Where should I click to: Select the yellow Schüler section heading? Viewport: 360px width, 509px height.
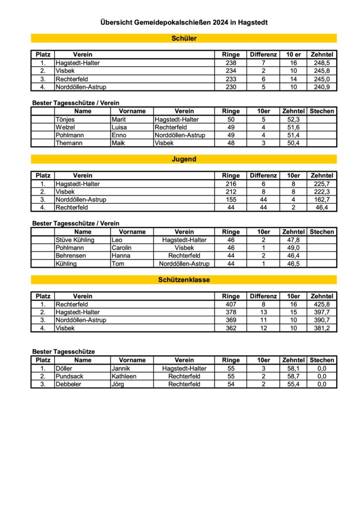point(184,38)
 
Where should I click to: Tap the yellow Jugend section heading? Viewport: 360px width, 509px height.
point(184,159)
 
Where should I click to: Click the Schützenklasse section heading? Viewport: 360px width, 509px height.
point(184,280)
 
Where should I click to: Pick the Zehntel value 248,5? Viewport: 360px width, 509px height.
point(322,63)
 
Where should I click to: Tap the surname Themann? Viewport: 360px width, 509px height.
point(69,143)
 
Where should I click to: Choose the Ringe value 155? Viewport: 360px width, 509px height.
point(231,199)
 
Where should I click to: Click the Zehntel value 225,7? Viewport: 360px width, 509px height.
point(322,184)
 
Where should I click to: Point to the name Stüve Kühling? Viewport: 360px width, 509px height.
point(75,240)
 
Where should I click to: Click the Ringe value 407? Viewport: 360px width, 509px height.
point(231,304)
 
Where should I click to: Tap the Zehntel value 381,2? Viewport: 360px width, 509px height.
point(322,328)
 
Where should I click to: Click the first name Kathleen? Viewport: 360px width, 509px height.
point(124,376)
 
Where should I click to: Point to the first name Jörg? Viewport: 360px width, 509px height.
point(119,384)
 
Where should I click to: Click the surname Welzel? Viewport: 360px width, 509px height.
point(65,128)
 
